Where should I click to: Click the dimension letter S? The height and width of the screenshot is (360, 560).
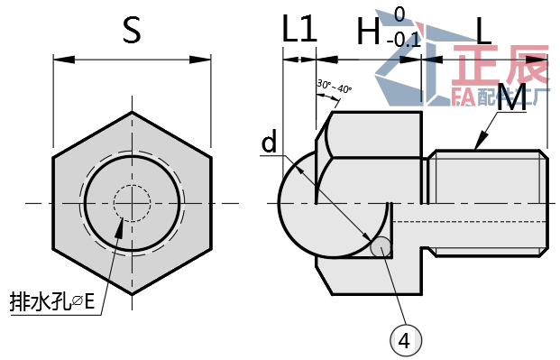(x=132, y=30)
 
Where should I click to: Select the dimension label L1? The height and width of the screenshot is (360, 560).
(x=299, y=30)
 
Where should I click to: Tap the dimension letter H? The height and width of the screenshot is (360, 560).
(x=368, y=32)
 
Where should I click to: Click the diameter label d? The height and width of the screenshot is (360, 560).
(x=270, y=142)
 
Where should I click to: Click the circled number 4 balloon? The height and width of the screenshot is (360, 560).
(x=405, y=340)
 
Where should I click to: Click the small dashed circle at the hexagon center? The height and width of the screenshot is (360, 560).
(x=133, y=203)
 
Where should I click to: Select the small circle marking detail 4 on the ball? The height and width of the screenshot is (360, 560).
(x=381, y=246)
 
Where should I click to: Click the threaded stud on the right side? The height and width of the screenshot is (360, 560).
(x=487, y=203)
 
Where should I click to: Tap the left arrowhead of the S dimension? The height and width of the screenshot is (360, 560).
(x=60, y=60)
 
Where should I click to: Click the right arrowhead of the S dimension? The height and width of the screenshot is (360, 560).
(x=206, y=60)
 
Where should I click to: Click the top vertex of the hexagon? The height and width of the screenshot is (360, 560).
(x=133, y=112)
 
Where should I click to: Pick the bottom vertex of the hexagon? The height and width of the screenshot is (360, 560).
(x=133, y=294)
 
